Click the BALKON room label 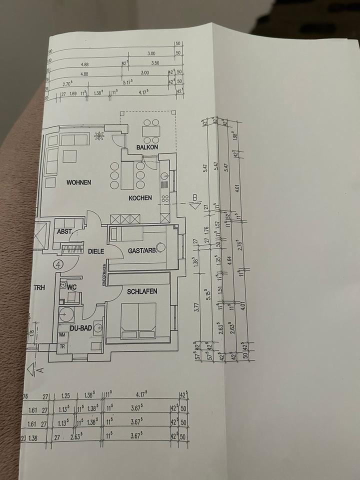click(x=147, y=147)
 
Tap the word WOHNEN click(x=79, y=182)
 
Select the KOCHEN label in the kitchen click(x=140, y=198)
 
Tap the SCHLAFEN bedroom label click(x=142, y=291)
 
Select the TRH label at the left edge click(x=39, y=287)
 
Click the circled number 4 click(x=58, y=264)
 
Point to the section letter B click(x=194, y=198)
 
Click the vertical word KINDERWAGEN click(x=104, y=275)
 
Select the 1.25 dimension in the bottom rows click(x=64, y=396)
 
